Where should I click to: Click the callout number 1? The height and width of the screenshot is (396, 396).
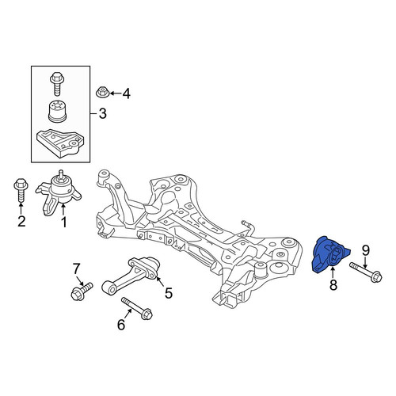click(x=64, y=223)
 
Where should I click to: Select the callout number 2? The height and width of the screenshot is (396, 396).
click(x=21, y=221)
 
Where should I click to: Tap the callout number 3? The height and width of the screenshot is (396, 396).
click(x=102, y=113)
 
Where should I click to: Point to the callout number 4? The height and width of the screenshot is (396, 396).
click(x=127, y=93)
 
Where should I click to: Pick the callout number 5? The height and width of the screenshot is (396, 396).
click(x=169, y=293)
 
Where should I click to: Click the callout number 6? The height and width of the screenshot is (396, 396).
click(x=121, y=325)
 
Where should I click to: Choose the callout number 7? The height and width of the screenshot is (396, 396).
click(x=76, y=269)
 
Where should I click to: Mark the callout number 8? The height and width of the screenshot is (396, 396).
click(x=333, y=285)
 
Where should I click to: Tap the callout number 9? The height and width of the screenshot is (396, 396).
click(x=366, y=251)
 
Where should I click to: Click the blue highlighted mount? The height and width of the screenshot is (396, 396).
click(x=329, y=255)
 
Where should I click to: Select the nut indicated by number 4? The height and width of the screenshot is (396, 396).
click(x=101, y=92)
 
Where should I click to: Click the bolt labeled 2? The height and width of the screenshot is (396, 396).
click(x=21, y=191)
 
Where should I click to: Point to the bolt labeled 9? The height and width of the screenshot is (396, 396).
click(x=366, y=272)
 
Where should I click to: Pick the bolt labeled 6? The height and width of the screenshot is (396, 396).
click(x=137, y=309)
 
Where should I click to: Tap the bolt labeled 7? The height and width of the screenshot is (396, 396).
click(x=82, y=291)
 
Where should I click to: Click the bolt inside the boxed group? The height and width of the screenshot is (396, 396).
click(x=57, y=84)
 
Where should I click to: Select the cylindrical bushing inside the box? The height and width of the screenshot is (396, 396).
click(x=57, y=111)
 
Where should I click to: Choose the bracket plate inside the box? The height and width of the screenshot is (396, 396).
click(x=60, y=143)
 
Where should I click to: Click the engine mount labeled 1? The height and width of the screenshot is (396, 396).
click(x=58, y=194)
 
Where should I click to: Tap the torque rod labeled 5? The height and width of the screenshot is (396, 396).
click(x=131, y=276)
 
